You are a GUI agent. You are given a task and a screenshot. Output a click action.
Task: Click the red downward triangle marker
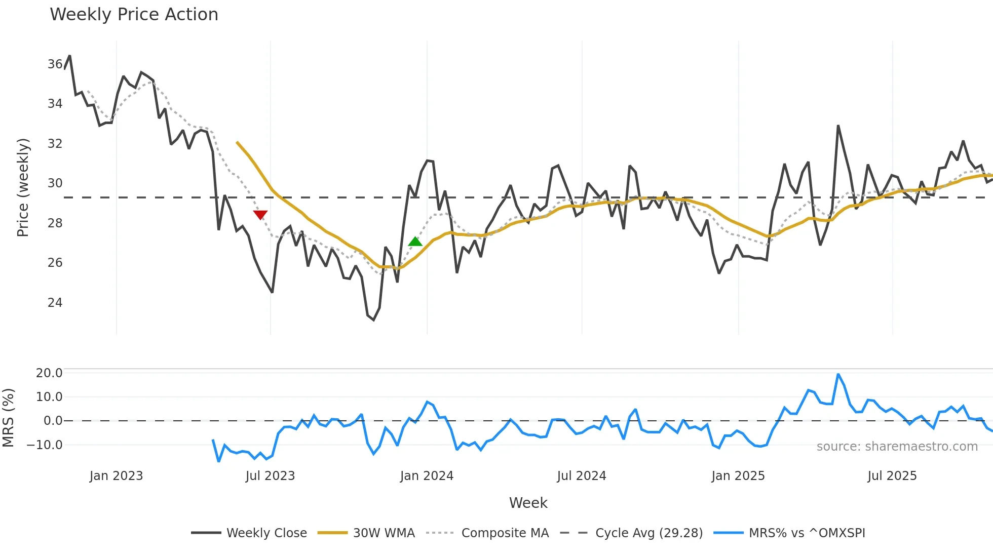coord(260,215)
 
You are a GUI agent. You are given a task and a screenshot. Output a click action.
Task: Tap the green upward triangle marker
coord(415,242)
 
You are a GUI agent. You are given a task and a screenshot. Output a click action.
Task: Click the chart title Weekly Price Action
coord(134,15)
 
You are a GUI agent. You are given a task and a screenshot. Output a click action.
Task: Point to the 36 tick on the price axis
coord(55,64)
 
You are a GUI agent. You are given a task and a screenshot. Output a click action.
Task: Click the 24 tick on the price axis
coord(55,303)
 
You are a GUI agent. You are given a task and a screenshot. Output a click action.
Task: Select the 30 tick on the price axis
coord(55,183)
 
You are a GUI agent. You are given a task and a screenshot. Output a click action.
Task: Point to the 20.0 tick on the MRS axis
coord(49,373)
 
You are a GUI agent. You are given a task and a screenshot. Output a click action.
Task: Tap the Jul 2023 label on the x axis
coord(270,476)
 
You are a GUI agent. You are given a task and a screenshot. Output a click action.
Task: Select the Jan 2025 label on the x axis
coord(738,476)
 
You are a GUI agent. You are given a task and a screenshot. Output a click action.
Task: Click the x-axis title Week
coord(528,503)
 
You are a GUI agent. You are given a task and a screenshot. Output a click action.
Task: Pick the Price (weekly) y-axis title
coord(23,187)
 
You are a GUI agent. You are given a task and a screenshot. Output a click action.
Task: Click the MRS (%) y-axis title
coord(8,418)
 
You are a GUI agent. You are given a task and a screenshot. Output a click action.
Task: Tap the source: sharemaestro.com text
coord(897,447)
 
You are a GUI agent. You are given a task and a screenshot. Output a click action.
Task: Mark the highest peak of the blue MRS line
coord(838,375)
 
